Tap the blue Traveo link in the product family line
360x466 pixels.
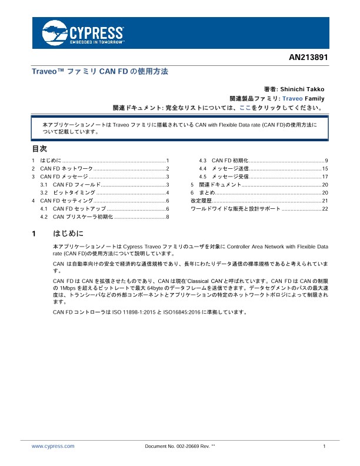(292, 98)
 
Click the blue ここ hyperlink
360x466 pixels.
(245, 108)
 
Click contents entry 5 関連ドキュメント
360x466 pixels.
(217, 185)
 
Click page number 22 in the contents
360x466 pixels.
(325, 209)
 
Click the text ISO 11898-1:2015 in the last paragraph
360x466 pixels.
(129, 311)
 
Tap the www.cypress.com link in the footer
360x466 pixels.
(53, 447)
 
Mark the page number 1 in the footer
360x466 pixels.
(324, 447)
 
